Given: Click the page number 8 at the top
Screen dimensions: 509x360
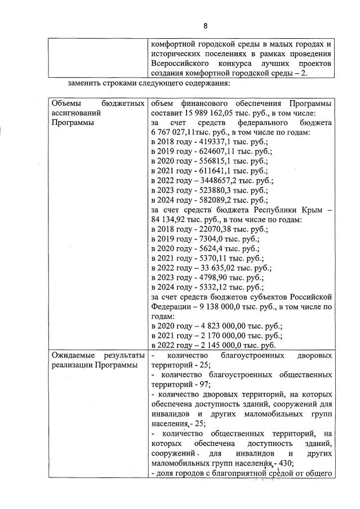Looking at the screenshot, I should pos(206,26).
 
